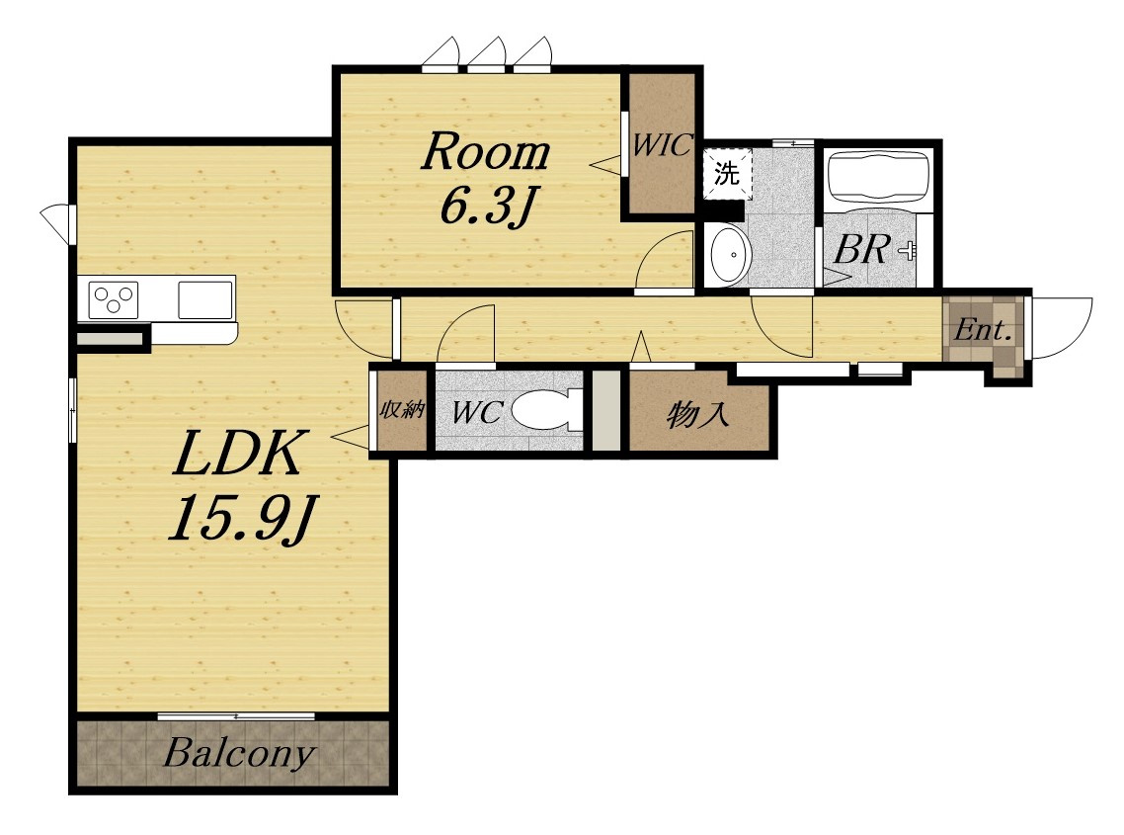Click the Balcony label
(x=239, y=753)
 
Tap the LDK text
(x=240, y=454)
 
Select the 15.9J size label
(x=242, y=518)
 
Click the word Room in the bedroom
(x=485, y=152)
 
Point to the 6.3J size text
(x=488, y=206)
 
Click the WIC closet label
(x=662, y=145)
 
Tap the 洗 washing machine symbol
(x=727, y=173)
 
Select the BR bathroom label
(x=861, y=249)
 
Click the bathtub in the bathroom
(x=878, y=177)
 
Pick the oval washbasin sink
(x=731, y=255)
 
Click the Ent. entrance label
(x=983, y=331)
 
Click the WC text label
(x=477, y=412)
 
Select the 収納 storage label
(x=402, y=410)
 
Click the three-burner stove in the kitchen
(x=114, y=299)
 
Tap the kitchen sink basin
(x=205, y=299)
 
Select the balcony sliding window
(x=236, y=715)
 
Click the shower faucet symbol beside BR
(x=908, y=250)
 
